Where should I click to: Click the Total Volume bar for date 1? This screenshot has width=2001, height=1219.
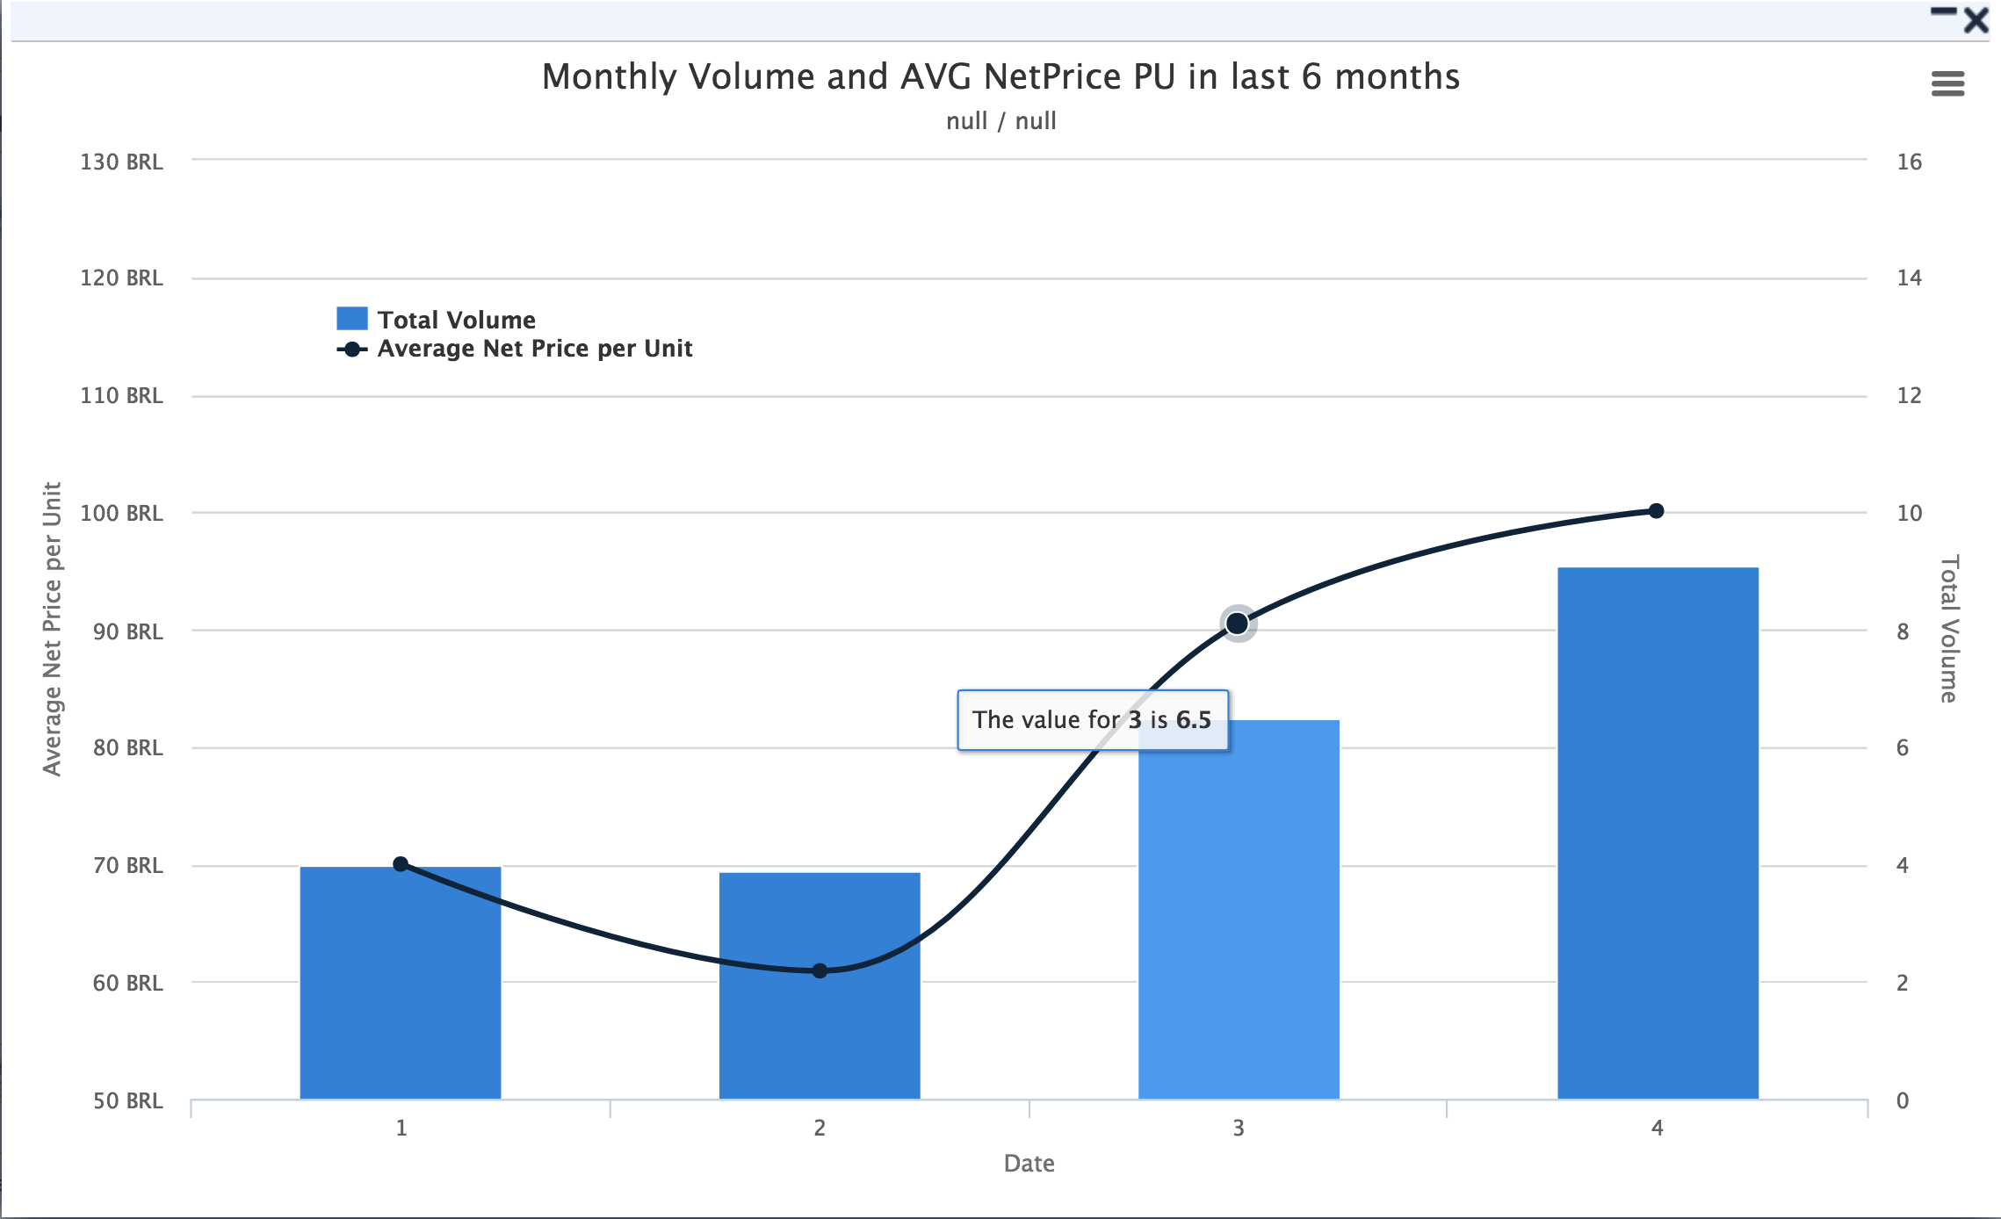pos(401,984)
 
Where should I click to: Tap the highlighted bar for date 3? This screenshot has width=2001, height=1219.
pos(1239,922)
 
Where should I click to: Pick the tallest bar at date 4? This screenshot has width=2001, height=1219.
pos(1658,834)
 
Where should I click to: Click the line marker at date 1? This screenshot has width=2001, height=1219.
pos(401,864)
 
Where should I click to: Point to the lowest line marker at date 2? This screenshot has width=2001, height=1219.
pos(820,970)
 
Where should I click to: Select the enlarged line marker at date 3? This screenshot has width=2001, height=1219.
pos(1238,624)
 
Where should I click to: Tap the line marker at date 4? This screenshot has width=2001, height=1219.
pos(1656,511)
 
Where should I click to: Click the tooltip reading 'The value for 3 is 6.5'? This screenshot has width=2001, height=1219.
pos(1092,720)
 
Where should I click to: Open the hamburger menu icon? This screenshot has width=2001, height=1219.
pos(1947,84)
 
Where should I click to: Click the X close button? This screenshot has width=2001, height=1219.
pos(1976,20)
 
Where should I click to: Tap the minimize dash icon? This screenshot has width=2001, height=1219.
pos(1943,11)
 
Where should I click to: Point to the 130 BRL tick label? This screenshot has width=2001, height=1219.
pos(121,162)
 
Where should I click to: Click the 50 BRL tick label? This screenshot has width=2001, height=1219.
pos(127,1100)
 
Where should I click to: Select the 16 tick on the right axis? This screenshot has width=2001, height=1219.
pos(1909,162)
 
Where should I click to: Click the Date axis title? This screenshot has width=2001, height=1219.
pos(1029,1164)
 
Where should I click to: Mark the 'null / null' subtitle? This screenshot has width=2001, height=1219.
pos(1000,121)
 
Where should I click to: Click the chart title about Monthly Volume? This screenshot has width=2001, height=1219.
pos(1000,77)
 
